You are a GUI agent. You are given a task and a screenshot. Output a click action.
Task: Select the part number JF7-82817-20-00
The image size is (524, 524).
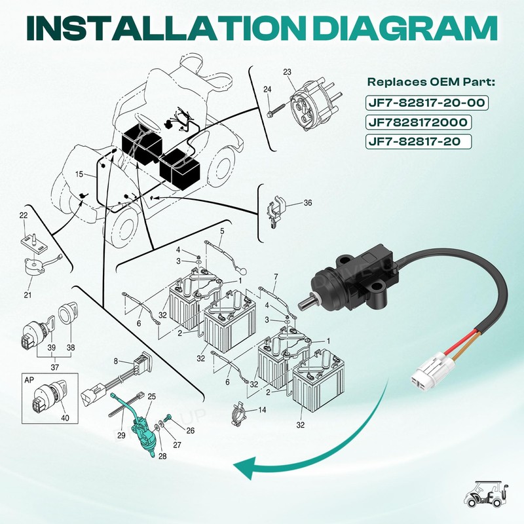(x=427, y=103)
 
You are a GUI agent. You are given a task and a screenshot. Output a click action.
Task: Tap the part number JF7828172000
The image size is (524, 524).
(x=418, y=122)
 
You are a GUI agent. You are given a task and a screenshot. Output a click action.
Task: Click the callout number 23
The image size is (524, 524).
(x=287, y=72)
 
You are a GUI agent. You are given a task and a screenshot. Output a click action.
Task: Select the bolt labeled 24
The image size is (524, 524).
(x=276, y=111)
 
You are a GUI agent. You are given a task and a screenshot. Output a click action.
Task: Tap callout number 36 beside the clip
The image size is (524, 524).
(x=308, y=203)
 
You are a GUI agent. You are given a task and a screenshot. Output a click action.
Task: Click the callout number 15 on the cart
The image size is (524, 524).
(x=79, y=174)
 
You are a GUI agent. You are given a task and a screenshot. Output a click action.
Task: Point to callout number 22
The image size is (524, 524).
(x=24, y=215)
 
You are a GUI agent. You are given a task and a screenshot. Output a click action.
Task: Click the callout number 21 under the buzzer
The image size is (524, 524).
(x=28, y=294)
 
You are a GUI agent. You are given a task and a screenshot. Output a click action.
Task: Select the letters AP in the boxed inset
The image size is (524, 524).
(x=29, y=381)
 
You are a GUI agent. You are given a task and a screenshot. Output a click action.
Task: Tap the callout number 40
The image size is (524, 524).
(x=65, y=418)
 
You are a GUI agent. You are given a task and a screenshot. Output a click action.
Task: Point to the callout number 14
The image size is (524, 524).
(x=263, y=409)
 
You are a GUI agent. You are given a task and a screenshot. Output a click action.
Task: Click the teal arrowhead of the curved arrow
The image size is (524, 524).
(x=244, y=467)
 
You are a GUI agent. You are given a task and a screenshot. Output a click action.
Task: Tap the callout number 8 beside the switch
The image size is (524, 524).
(x=116, y=362)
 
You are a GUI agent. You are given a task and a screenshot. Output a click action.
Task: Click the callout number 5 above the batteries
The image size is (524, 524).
(x=222, y=231)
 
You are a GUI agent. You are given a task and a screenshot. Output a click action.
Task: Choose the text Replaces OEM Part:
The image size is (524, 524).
(x=431, y=82)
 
